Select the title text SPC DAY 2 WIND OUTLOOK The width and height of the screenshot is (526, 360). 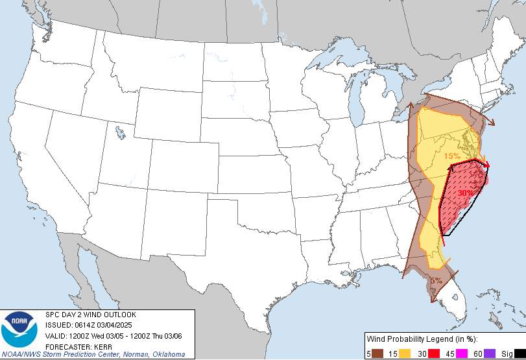[x=90, y=315]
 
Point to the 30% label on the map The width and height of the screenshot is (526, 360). [x=465, y=193]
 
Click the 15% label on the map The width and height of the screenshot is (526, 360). [x=451, y=156]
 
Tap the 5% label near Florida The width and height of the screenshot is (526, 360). [x=435, y=281]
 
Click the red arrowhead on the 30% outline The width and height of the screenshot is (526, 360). [x=486, y=165]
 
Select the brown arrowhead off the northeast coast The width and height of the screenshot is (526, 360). [x=491, y=121]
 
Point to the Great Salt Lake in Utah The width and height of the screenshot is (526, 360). [x=120, y=134]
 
